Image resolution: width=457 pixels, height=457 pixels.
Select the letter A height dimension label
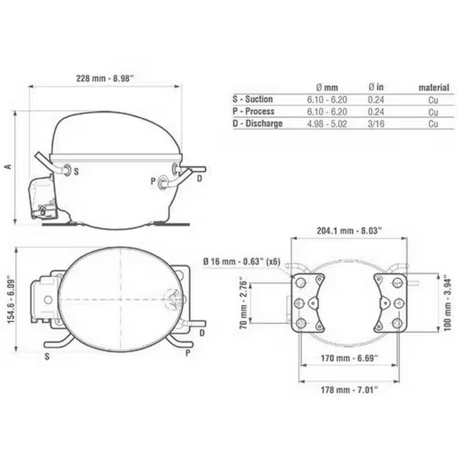pyautogui.click(x=9, y=167)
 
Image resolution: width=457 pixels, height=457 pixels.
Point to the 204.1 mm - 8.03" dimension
pyautogui.click(x=349, y=231)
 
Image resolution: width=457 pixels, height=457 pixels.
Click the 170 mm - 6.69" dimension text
pyautogui.click(x=349, y=358)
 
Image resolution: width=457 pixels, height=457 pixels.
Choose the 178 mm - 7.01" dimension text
pyautogui.click(x=349, y=390)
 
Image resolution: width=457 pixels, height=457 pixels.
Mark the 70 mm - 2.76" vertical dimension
pyautogui.click(x=243, y=304)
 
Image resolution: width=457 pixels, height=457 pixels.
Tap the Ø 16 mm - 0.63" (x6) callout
pyautogui.click(x=242, y=262)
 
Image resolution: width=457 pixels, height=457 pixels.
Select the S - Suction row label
pyautogui.click(x=252, y=99)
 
